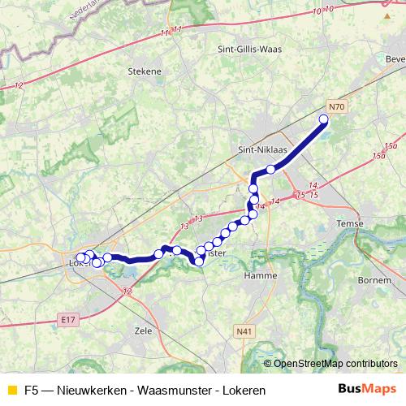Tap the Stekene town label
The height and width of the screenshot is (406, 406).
pos(145,71)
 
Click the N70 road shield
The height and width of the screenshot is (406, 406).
pos(338,106)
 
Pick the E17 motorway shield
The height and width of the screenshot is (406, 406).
pos(67,321)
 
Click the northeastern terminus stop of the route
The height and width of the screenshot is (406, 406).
pos(323,120)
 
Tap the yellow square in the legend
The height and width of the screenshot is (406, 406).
pos(11,391)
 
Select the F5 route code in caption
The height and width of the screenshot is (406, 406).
pos(32,391)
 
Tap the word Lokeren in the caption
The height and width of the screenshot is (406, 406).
pos(243,391)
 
